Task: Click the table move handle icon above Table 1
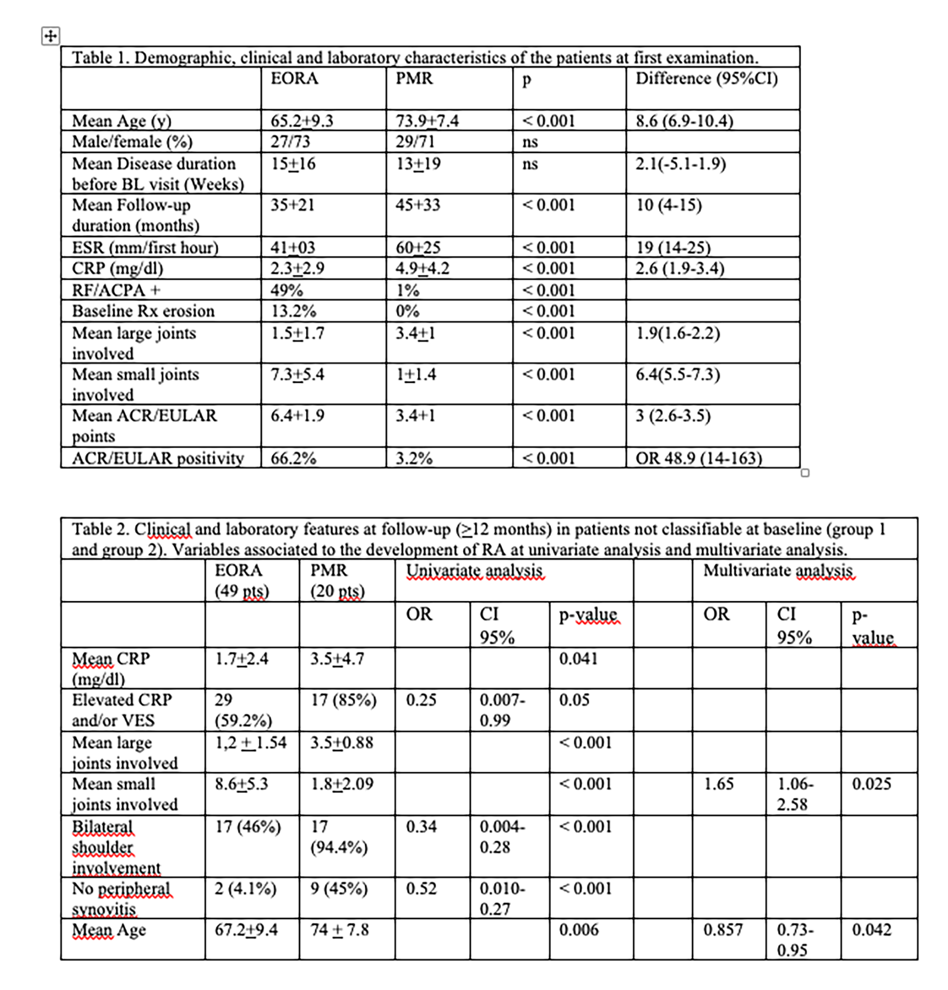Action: (50, 36)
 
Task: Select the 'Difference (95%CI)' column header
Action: (706, 78)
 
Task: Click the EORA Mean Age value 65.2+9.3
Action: (301, 120)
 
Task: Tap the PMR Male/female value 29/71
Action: (414, 141)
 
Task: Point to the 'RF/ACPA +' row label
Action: (116, 290)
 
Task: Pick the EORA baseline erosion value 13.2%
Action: (293, 311)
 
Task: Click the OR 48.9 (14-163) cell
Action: (698, 458)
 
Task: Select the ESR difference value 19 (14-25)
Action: (673, 247)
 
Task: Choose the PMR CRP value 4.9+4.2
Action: (422, 268)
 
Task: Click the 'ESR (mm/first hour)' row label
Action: (145, 247)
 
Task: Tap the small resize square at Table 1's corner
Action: (805, 473)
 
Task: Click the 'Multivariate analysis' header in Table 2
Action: (777, 570)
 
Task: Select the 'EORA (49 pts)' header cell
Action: (242, 580)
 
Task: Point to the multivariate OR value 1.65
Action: (719, 783)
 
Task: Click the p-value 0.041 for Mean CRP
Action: (578, 658)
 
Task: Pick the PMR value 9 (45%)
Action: (339, 888)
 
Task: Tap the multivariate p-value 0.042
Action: (871, 929)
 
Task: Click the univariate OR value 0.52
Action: (421, 888)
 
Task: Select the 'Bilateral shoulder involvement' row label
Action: (116, 847)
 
